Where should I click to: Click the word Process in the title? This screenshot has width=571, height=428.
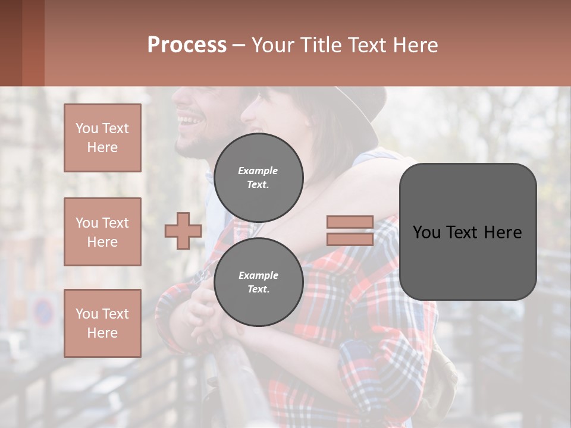187,45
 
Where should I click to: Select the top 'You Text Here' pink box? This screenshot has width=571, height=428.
102,138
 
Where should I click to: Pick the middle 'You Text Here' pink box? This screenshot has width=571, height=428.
102,232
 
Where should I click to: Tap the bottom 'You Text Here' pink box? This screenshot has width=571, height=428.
102,323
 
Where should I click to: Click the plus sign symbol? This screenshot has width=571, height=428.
183,231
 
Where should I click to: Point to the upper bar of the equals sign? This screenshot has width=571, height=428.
350,222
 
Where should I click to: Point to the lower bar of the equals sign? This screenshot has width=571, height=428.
350,239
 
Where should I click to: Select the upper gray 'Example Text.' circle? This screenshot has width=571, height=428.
258,178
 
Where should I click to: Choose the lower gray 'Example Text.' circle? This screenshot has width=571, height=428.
258,282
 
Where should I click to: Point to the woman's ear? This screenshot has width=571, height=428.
309,122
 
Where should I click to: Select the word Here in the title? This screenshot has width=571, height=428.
416,45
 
